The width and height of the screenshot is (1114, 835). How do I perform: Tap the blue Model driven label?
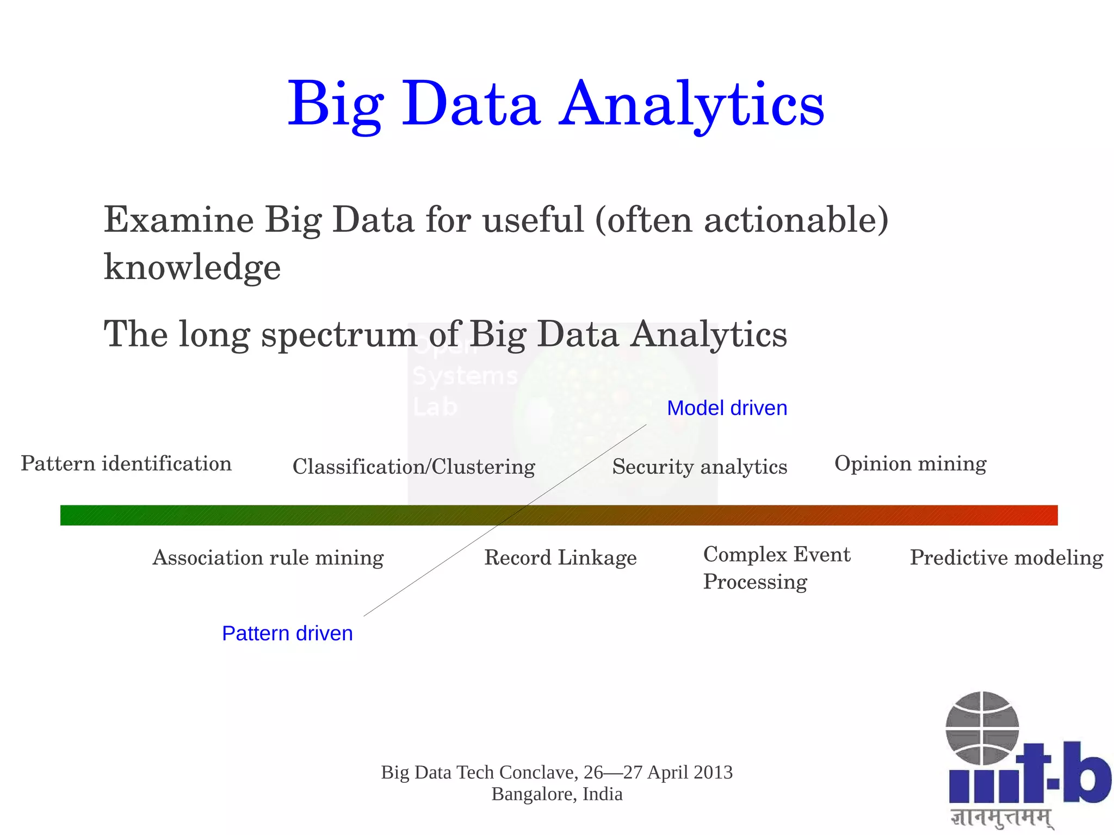coord(727,408)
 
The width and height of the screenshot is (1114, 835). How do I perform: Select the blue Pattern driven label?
coord(287,633)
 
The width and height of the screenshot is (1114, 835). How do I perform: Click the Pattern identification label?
coord(126,463)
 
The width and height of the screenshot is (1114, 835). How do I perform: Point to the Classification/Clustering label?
coord(413,467)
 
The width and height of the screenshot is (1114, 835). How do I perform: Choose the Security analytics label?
coord(700,467)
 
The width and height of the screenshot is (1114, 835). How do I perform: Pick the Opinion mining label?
coord(910,463)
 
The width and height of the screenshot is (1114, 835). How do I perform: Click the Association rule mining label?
coord(268,558)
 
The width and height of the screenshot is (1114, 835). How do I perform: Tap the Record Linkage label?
coord(560,558)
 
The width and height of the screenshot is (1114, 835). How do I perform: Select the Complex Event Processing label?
coord(776,567)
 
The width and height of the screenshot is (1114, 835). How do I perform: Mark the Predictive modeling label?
coord(1006,558)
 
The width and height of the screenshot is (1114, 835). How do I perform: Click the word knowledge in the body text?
coord(192,267)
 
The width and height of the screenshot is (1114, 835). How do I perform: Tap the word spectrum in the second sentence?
coord(339,334)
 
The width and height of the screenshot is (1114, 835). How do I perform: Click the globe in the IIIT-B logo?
coord(982,727)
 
